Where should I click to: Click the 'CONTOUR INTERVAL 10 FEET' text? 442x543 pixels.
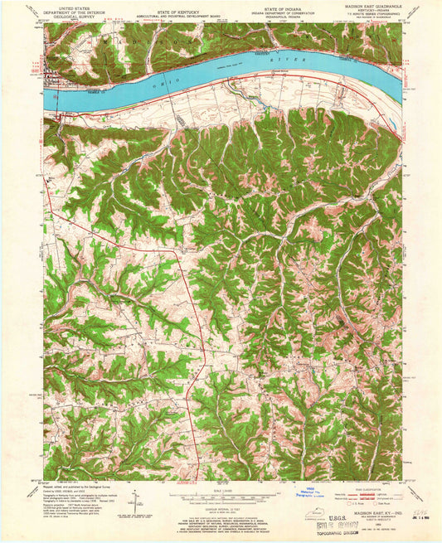pyautogui.click(x=221, y=501)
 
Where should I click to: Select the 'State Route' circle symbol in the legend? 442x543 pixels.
pyautogui.click(x=376, y=505)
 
